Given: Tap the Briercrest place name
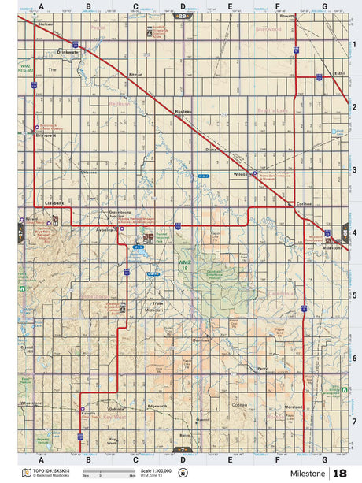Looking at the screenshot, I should [x=47, y=135].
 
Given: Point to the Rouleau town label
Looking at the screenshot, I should [x=183, y=113].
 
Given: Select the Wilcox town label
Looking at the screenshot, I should [x=240, y=174].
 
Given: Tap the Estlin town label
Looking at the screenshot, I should [x=339, y=73].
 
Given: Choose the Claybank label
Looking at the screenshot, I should [x=54, y=203].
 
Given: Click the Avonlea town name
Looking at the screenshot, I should [x=105, y=230].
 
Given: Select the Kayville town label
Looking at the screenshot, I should [x=88, y=411].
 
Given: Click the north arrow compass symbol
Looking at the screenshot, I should [x=183, y=473].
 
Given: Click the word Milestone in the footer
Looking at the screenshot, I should [x=306, y=473].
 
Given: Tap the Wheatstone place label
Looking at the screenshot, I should [x=31, y=402].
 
